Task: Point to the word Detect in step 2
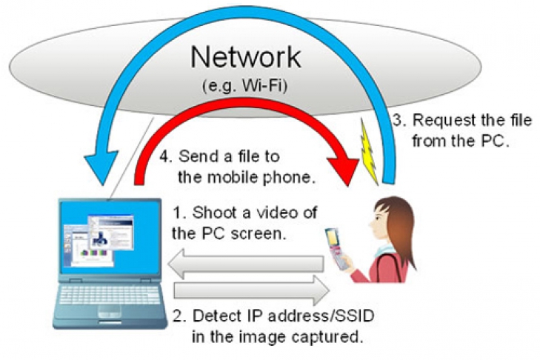[x=216, y=317]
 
